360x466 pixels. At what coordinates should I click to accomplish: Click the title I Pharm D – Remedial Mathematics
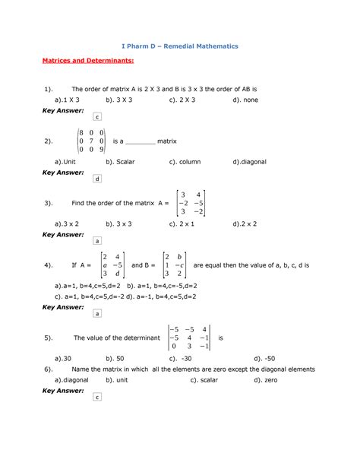coord(180,46)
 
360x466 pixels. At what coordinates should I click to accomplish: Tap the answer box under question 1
coord(96,116)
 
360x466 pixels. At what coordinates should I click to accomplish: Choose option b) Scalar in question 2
coord(122,162)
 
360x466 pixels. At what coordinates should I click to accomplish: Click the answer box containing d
coord(96,179)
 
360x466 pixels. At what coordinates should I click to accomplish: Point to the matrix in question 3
coord(190,203)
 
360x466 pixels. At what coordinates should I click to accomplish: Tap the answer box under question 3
coord(96,240)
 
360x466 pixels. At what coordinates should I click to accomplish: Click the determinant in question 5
coord(189,336)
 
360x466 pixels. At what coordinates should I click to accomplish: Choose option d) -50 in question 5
coord(266,357)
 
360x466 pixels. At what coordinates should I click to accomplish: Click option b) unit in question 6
coord(120,379)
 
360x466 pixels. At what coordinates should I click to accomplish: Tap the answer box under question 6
coord(96,397)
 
